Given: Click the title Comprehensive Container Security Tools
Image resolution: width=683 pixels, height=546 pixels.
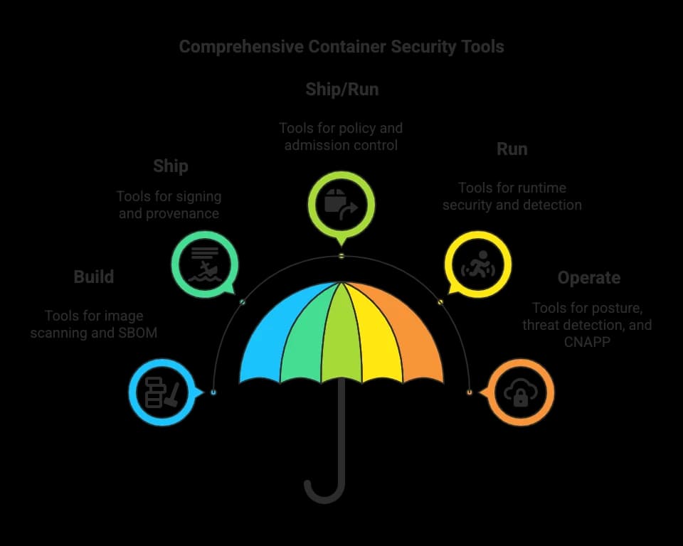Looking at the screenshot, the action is [341, 47].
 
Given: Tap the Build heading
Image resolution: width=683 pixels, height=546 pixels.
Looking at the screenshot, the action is [94, 277].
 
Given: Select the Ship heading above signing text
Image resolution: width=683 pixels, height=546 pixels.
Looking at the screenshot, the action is [171, 166].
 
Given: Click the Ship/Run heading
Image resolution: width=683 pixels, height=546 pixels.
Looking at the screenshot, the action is [342, 90].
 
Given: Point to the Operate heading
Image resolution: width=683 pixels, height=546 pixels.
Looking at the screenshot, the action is [589, 278].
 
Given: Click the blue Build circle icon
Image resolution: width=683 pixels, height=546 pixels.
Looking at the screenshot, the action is [162, 392].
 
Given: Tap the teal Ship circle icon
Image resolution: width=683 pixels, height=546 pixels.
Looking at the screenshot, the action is [205, 264].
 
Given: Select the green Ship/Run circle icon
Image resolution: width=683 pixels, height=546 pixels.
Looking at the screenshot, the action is [341, 205].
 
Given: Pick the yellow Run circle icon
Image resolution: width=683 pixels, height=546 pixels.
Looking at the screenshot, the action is [478, 264].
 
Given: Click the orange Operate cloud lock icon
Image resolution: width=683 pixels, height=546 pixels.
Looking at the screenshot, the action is [521, 392].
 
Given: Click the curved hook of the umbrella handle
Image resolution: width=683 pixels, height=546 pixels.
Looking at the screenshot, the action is [324, 496].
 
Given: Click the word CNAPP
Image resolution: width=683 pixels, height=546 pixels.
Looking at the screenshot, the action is [587, 342].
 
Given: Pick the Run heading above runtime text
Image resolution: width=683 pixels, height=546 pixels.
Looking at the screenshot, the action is [512, 149].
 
